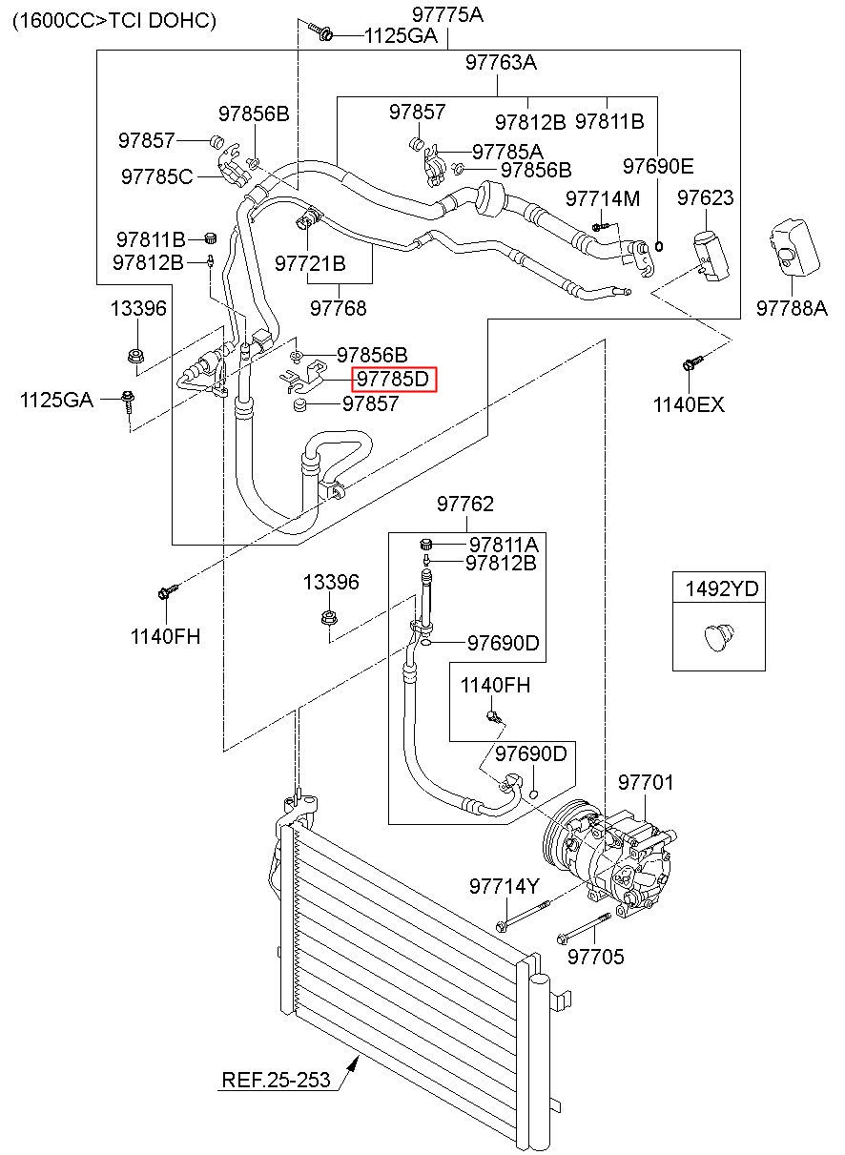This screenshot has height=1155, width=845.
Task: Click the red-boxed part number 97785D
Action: (x=393, y=380)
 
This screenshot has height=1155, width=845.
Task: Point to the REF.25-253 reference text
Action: (x=276, y=1080)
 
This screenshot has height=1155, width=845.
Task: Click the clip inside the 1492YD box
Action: (x=719, y=637)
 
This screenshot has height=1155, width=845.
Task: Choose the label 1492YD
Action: (x=722, y=588)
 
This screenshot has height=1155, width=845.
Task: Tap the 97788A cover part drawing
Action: (x=793, y=248)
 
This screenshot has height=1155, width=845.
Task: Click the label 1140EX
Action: (x=689, y=404)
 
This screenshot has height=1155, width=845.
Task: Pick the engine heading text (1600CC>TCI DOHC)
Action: (x=114, y=21)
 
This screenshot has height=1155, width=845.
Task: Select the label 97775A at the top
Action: (x=447, y=15)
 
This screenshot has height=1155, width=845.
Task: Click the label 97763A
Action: (x=501, y=62)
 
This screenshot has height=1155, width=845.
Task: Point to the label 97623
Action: (x=705, y=197)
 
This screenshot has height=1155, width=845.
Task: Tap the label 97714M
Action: (x=603, y=198)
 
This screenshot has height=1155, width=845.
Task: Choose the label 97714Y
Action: (x=504, y=886)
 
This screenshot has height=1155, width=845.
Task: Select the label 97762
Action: (x=465, y=504)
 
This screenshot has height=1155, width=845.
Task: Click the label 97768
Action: (x=339, y=308)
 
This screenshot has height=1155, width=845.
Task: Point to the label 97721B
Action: (x=310, y=264)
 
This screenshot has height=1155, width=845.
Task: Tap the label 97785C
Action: (x=156, y=176)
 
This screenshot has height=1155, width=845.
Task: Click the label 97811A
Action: (x=504, y=545)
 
